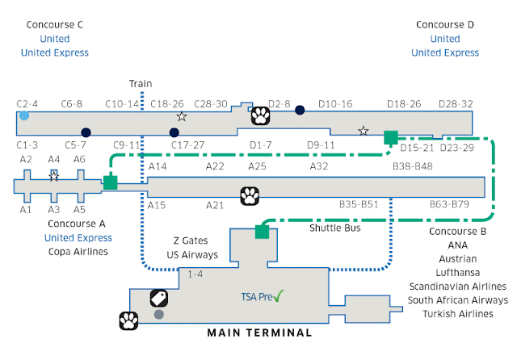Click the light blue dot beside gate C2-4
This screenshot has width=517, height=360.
coord(24,115)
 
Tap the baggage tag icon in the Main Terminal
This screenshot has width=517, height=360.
coord(159,299)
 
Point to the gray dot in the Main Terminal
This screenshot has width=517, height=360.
coord(159,315)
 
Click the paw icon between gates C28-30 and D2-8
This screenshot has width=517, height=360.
coord(260,115)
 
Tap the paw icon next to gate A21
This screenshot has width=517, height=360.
coord(250,196)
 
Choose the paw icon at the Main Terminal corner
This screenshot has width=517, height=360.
coord(128,320)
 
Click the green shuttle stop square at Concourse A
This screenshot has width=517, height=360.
coord(111,182)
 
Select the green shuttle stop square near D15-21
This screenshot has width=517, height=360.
coord(391,137)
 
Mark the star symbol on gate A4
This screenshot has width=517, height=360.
coord(54,177)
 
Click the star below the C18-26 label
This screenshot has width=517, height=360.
coord(182,116)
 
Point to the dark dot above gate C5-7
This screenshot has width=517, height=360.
coord(86,132)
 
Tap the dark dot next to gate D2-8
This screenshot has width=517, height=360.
coord(300,110)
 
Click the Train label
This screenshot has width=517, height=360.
coord(141,84)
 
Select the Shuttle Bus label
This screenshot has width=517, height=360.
coord(335,228)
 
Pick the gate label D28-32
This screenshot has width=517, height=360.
coord(456,104)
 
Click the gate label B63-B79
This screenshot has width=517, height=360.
coord(449,204)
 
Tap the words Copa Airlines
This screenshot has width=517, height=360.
coord(78,252)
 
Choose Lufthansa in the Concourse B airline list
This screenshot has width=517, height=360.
coord(458,273)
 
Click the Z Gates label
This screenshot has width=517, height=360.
coord(191,241)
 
